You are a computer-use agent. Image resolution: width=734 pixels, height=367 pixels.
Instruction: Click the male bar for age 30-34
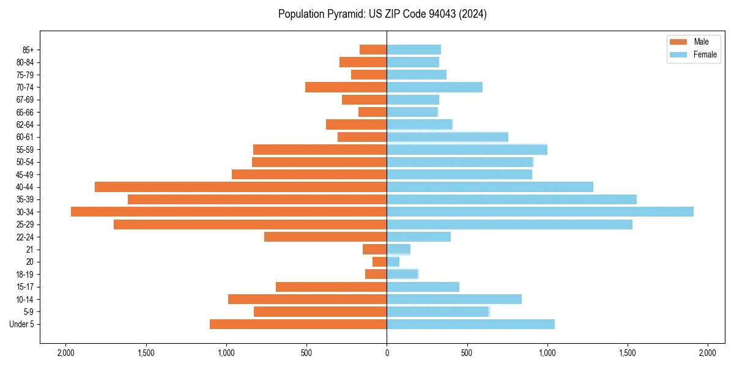coord(229,212)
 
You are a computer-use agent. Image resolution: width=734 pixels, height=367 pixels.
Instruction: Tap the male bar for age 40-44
coord(240,187)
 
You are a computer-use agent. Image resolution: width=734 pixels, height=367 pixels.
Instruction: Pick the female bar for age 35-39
coord(511,199)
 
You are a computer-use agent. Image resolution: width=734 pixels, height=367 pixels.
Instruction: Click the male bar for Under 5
coord(298,324)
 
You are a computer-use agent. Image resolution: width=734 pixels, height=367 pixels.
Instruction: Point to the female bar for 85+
coord(413,50)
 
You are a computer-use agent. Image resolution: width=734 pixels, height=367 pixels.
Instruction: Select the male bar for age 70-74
coord(346,87)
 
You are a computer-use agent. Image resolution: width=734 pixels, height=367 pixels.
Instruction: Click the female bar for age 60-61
coord(447,137)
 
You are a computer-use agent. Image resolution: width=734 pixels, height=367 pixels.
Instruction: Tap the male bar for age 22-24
coord(325,237)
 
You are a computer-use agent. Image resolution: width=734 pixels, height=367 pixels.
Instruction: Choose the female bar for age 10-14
coord(454,299)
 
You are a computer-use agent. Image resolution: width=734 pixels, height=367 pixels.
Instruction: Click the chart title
coord(382,14)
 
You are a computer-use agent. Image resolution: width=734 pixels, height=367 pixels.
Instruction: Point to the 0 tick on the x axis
coord(387,353)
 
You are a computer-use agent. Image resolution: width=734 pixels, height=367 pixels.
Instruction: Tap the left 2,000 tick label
coord(65,353)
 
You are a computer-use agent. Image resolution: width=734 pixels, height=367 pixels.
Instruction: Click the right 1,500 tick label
coord(628,353)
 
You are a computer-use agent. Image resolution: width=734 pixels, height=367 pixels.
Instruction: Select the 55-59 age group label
coord(24,149)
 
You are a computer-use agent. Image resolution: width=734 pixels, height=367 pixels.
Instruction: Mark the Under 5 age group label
coord(22,324)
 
